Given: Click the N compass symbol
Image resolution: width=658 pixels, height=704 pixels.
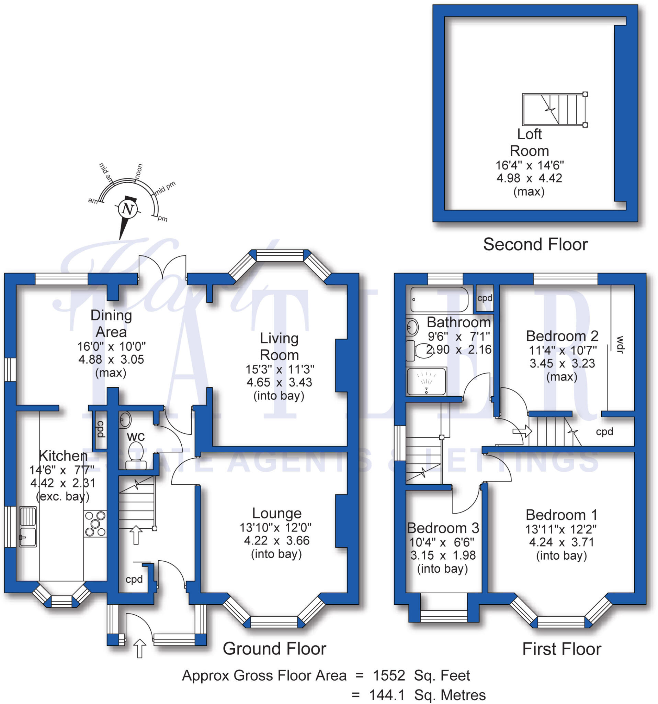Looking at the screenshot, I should coord(127,209).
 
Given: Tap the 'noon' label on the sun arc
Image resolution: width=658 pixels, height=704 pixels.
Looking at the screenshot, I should coord(139,172).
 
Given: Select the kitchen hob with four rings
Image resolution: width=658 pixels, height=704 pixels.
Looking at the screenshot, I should coord(95,524).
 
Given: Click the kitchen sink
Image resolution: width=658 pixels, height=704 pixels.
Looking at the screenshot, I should coord(28,527).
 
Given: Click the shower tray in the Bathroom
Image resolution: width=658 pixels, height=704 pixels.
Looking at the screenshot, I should coord(426,382).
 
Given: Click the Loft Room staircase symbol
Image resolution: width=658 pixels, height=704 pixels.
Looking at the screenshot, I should coord(554,109).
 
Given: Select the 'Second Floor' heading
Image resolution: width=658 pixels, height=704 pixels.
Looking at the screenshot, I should coord(535,245).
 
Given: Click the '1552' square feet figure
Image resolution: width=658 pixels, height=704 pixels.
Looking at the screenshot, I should coord(389,676).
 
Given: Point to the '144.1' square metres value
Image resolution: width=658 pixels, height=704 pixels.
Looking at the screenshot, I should coord(387,695).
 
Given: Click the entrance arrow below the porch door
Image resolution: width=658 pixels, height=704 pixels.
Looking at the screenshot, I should coord(140,648).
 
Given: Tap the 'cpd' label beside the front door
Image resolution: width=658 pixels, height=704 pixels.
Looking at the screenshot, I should coord(134,579).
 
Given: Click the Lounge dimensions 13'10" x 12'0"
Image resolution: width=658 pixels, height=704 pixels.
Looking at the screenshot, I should coord(275,528).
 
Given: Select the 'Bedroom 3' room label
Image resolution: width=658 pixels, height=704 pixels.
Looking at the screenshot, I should coord(443,528).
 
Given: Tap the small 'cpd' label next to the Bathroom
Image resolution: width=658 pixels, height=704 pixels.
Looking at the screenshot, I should coord(484,298).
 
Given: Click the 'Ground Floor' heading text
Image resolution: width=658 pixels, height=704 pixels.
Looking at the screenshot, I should coord(274,649).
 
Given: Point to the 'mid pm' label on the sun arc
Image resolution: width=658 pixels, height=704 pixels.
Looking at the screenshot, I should coord(165,188).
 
